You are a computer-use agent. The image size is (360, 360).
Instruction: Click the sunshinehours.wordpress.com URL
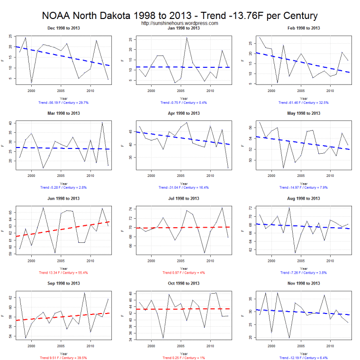[180, 23]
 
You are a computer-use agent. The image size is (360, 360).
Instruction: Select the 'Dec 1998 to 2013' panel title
[63, 28]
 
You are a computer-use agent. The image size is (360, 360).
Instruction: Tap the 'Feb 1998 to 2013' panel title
[304, 28]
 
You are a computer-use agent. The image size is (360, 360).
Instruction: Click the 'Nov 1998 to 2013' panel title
[304, 284]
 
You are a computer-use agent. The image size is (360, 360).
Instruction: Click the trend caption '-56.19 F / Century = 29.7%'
[63, 102]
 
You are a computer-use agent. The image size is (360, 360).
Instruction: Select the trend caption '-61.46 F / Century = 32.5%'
[304, 102]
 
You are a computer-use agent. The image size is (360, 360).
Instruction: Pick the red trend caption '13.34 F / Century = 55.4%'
[63, 273]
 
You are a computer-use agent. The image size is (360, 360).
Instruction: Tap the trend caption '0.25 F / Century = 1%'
[183, 358]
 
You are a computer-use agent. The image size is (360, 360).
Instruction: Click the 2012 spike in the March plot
[102, 123]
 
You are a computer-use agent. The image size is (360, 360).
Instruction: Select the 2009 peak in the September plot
[84, 293]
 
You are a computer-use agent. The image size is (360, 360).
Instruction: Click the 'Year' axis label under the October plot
[183, 353]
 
